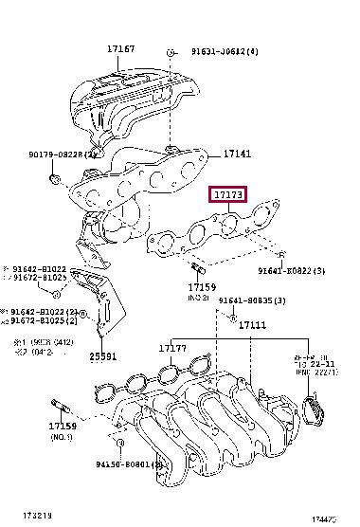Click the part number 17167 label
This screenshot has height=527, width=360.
coord(119,47)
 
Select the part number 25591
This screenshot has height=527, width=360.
coord(102,356)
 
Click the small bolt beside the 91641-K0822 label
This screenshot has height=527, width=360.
coord(281,254)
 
